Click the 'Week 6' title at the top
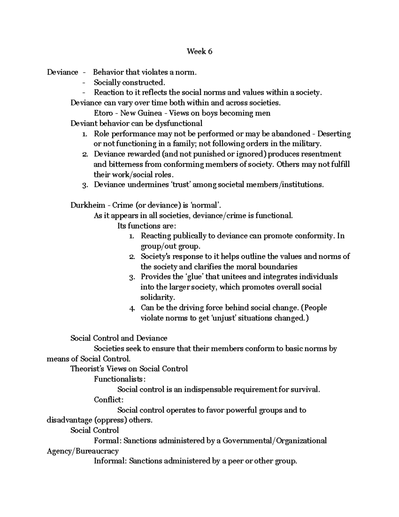click(x=199, y=52)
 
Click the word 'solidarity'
click(x=157, y=297)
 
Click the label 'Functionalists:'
click(x=120, y=379)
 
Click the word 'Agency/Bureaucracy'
click(x=83, y=451)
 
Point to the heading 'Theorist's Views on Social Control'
click(x=129, y=369)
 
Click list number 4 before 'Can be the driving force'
click(x=132, y=308)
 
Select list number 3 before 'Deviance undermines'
click(x=85, y=185)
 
